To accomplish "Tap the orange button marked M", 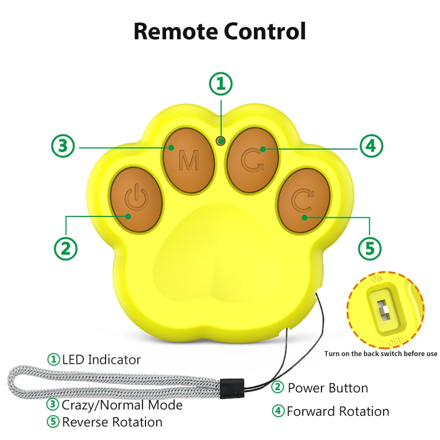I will click(x=188, y=158).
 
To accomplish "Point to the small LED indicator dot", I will click(x=221, y=141).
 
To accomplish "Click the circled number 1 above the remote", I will click(x=221, y=83).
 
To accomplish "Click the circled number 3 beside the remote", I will click(x=63, y=147).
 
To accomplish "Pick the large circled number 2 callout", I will click(x=66, y=248).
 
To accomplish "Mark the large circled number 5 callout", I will click(x=370, y=248).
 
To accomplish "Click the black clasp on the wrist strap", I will click(x=231, y=386).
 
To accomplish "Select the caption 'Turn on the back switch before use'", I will click(x=381, y=354).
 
